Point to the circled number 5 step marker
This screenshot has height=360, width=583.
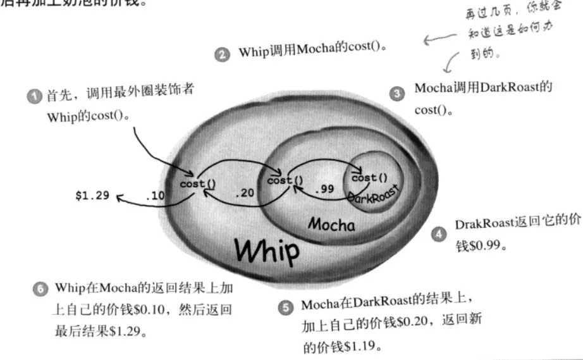(x=286, y=307)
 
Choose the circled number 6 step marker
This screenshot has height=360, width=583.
(x=39, y=290)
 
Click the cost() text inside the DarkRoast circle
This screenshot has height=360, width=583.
(x=369, y=178)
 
